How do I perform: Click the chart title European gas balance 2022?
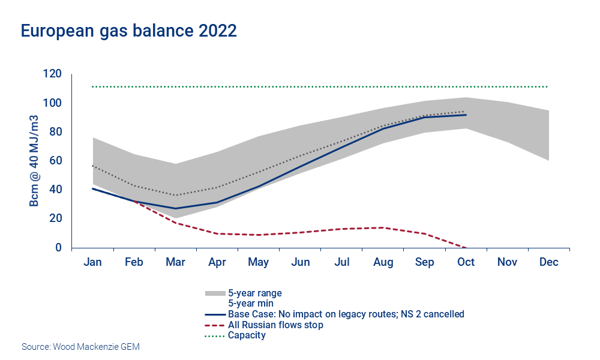129,31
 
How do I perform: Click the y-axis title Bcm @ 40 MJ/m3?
35,160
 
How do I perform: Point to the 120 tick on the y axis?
53,74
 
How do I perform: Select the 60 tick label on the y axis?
56,160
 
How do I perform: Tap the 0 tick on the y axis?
59,247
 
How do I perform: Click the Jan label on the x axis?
92,262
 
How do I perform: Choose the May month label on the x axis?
258,262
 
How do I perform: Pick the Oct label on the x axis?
466,262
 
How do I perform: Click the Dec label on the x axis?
549,262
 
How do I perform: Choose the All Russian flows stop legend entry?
275,325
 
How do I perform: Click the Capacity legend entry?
247,335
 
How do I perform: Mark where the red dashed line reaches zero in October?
466,247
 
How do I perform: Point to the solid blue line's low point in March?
175,208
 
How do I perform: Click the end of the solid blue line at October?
466,115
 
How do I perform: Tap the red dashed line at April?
217,233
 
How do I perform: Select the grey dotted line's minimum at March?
175,195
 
